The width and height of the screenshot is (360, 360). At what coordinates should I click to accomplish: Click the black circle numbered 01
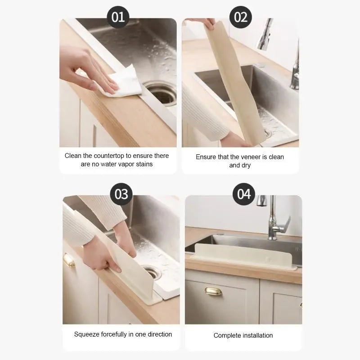118,17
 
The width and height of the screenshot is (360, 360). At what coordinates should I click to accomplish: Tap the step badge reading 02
241,17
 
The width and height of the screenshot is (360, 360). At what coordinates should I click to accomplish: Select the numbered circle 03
121,194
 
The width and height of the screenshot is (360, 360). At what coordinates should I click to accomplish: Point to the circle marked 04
244,194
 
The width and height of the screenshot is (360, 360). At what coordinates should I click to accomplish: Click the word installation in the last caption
258,335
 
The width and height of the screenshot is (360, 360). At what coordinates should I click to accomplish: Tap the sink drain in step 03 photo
152,272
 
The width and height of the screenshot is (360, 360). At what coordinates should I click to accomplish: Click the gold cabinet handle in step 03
69,261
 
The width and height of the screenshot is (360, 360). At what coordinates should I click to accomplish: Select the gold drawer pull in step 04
213,291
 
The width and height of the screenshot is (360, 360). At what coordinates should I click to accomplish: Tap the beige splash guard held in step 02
235,83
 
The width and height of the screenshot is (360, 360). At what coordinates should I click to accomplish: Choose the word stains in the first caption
144,164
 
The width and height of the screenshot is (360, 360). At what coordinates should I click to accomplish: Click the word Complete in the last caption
227,335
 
